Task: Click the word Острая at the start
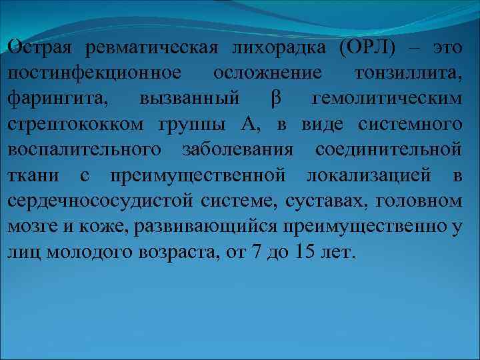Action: (x=39, y=48)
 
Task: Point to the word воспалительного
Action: (x=85, y=149)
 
